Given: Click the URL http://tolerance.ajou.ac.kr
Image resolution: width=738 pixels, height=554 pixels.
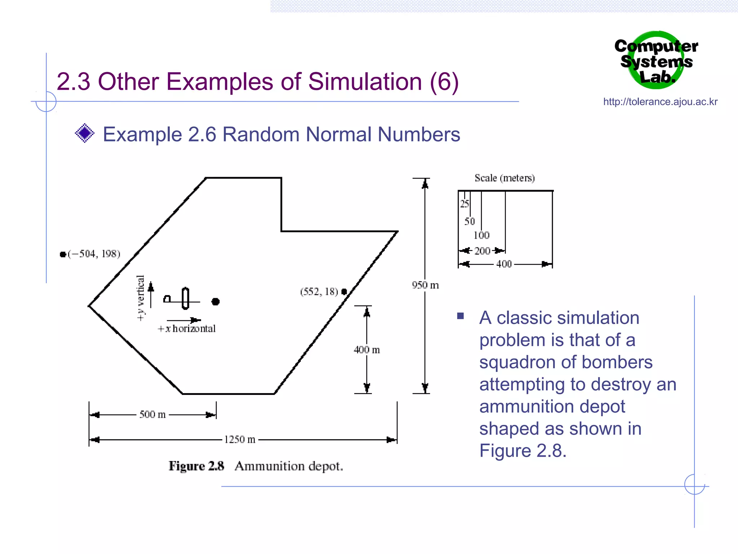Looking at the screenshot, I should [660, 102].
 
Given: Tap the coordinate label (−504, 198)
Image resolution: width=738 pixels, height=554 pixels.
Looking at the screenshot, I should [94, 254].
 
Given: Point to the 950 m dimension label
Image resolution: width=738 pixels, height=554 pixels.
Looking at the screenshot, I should [425, 285].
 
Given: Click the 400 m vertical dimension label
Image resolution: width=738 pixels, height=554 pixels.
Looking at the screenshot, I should [366, 349].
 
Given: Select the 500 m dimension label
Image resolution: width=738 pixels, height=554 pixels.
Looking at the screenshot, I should [152, 414].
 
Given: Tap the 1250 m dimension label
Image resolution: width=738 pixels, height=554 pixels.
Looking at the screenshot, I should [240, 439].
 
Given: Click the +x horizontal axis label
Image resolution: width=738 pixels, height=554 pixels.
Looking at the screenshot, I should [187, 329].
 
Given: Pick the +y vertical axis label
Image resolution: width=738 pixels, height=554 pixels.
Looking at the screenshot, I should [141, 298].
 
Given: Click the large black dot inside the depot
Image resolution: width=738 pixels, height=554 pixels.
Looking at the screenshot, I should [215, 302].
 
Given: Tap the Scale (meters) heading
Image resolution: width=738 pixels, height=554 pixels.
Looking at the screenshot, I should [504, 178].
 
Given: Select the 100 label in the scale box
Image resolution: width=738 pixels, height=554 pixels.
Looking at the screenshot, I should [481, 236].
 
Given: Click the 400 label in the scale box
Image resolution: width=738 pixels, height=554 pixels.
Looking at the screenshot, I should [503, 264].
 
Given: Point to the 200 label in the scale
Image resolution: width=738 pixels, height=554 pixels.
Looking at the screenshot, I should [482, 251].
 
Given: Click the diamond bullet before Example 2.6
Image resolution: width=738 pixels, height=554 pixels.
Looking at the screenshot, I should [85, 133].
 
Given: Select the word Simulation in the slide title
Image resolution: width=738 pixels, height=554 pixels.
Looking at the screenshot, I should [364, 82].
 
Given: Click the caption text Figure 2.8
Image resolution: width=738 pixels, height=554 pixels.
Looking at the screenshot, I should [196, 466].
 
